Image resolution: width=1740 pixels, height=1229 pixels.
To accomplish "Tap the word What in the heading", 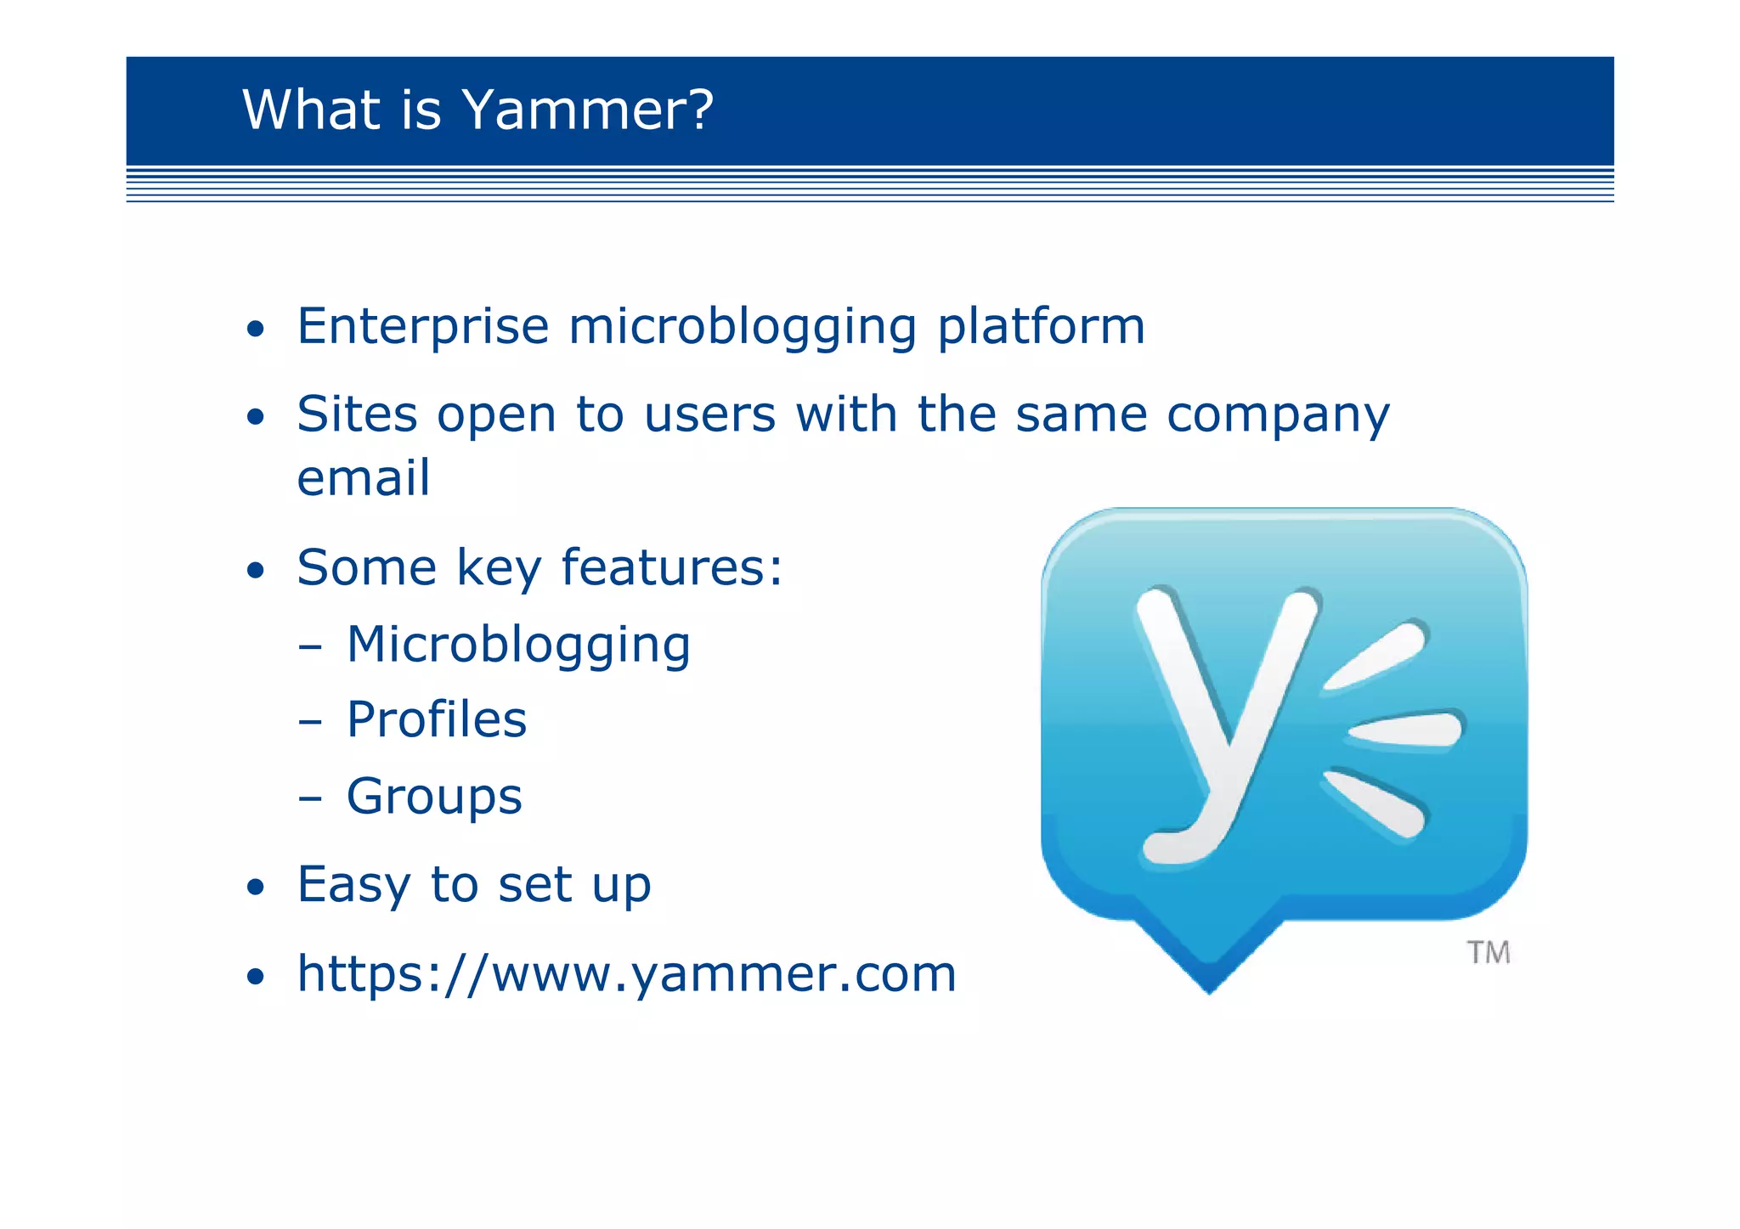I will pos(310,110).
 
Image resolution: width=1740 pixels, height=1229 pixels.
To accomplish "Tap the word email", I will pos(363,478).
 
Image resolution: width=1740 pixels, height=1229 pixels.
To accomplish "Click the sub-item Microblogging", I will pos(518,646).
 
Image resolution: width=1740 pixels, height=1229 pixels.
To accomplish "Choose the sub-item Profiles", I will pos(437,720).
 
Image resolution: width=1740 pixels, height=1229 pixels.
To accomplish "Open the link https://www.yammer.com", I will pos(626,974).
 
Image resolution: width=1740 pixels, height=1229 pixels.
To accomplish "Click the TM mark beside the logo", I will pos(1488,953).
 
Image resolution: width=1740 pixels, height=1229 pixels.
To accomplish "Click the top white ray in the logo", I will pos(1376,655).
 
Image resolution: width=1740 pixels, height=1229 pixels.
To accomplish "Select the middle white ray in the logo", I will pos(1406,729).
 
